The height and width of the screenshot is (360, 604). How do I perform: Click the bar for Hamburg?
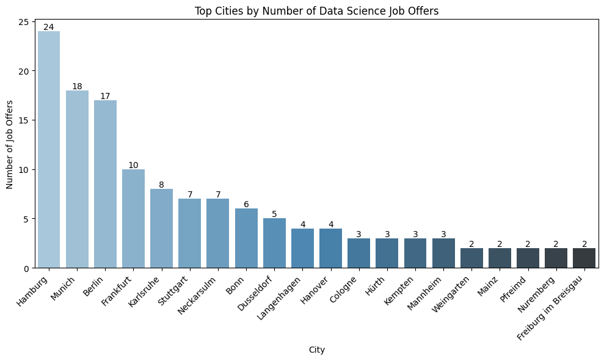[49, 150]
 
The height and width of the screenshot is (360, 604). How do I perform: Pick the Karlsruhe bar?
[161, 229]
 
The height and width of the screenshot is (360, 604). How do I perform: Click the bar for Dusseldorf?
[274, 243]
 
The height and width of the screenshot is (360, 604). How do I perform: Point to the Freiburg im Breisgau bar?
[584, 258]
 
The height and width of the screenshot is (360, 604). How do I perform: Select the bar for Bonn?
[246, 238]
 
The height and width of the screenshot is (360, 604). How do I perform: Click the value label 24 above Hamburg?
[49, 27]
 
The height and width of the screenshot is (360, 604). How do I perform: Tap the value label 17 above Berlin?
[105, 96]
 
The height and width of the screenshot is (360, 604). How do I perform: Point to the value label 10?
[133, 165]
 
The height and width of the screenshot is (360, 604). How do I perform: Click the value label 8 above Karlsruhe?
[161, 185]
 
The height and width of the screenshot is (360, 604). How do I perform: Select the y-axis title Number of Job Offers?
[10, 145]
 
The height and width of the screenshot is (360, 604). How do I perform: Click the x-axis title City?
[316, 350]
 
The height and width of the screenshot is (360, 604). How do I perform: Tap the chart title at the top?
[316, 10]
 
